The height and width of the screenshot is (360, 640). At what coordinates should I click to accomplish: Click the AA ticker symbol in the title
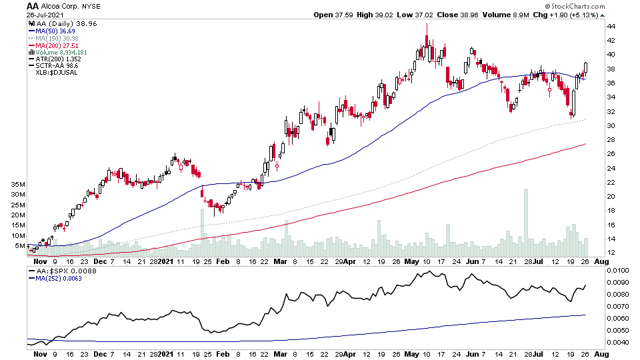(x=32, y=6)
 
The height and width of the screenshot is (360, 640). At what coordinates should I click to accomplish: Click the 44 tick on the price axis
(x=611, y=27)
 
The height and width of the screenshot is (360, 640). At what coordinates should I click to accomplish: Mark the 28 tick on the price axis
(x=611, y=140)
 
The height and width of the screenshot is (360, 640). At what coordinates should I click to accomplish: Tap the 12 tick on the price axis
(x=611, y=253)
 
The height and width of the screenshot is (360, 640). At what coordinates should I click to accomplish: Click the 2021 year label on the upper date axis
(x=165, y=262)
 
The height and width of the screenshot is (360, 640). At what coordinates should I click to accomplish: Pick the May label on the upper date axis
(x=409, y=262)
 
